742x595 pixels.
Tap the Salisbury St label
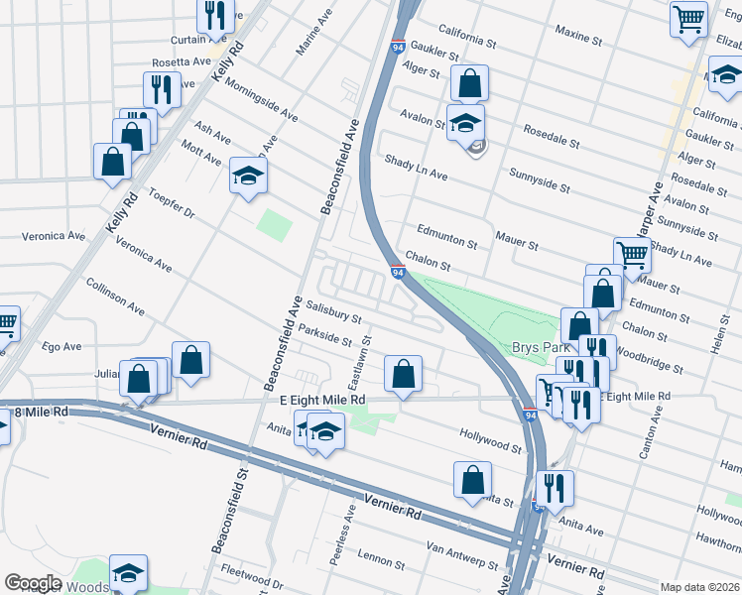(x=333, y=312)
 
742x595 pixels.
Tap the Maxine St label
(x=579, y=38)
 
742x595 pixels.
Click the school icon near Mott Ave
(x=249, y=177)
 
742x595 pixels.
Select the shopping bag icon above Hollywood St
(x=403, y=375)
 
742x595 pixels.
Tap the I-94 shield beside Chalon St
(x=397, y=273)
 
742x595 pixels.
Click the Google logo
(x=33, y=583)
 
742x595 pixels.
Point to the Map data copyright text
(x=698, y=587)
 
